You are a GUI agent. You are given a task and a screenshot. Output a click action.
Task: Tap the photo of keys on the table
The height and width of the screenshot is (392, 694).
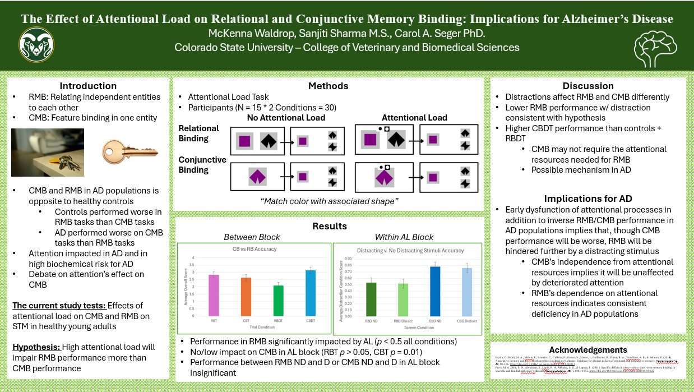[48, 152]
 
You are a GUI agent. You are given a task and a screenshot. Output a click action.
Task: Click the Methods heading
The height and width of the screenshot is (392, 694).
[328, 86]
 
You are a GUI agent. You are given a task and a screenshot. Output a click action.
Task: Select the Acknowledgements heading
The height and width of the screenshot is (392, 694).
[588, 349]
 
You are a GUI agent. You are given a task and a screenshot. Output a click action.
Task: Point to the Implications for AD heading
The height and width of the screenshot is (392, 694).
[588, 199]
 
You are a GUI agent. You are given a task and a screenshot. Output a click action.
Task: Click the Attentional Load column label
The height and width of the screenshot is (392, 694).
[414, 118]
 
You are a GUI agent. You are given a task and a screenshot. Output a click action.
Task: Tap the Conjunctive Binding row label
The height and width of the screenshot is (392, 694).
[202, 164]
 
